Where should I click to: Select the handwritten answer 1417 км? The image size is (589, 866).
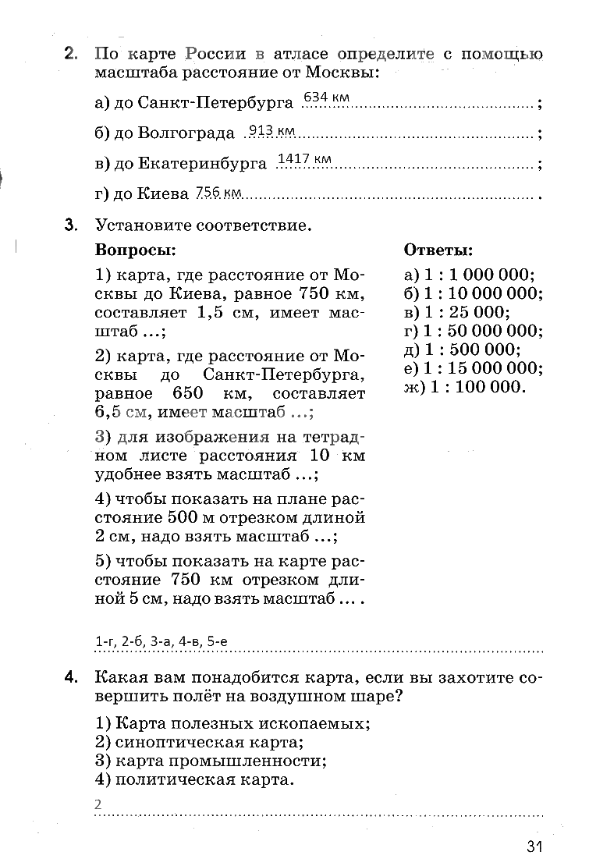point(304,160)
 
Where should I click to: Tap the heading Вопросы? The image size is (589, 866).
point(135,250)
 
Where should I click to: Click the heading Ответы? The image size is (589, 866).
point(438,250)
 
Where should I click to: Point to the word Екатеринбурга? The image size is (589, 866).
point(204,163)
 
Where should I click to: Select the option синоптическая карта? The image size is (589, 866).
point(207,742)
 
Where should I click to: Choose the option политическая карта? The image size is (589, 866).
point(202,779)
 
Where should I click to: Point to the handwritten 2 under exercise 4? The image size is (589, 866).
point(98,804)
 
